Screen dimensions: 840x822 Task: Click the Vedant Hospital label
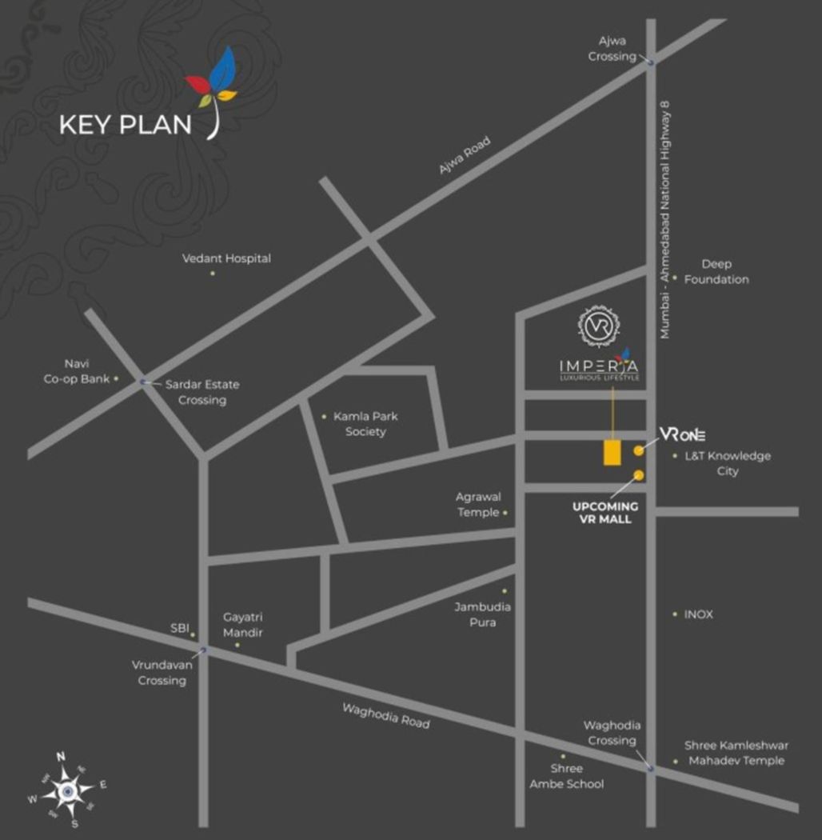pos(226,258)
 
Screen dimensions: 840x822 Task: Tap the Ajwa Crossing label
pos(612,48)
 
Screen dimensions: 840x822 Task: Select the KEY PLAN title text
pos(126,125)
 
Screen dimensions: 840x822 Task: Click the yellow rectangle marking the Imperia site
pos(613,451)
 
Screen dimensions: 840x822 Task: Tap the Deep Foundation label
pos(716,272)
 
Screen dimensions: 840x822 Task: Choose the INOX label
pos(698,614)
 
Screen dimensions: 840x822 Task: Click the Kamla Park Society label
pos(365,424)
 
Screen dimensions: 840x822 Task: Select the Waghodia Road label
pos(385,715)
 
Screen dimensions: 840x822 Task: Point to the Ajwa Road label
pos(464,156)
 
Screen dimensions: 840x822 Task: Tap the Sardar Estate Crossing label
pos(202,392)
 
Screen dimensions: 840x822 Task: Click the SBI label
pos(179,629)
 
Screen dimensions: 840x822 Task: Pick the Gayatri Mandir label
pos(243,625)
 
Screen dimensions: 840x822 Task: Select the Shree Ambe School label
pos(566,776)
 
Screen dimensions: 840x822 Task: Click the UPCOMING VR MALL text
pos(605,513)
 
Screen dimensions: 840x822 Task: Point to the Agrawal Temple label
pos(477,505)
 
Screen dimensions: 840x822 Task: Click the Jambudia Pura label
pos(483,614)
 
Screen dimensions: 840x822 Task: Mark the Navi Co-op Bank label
pos(76,371)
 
